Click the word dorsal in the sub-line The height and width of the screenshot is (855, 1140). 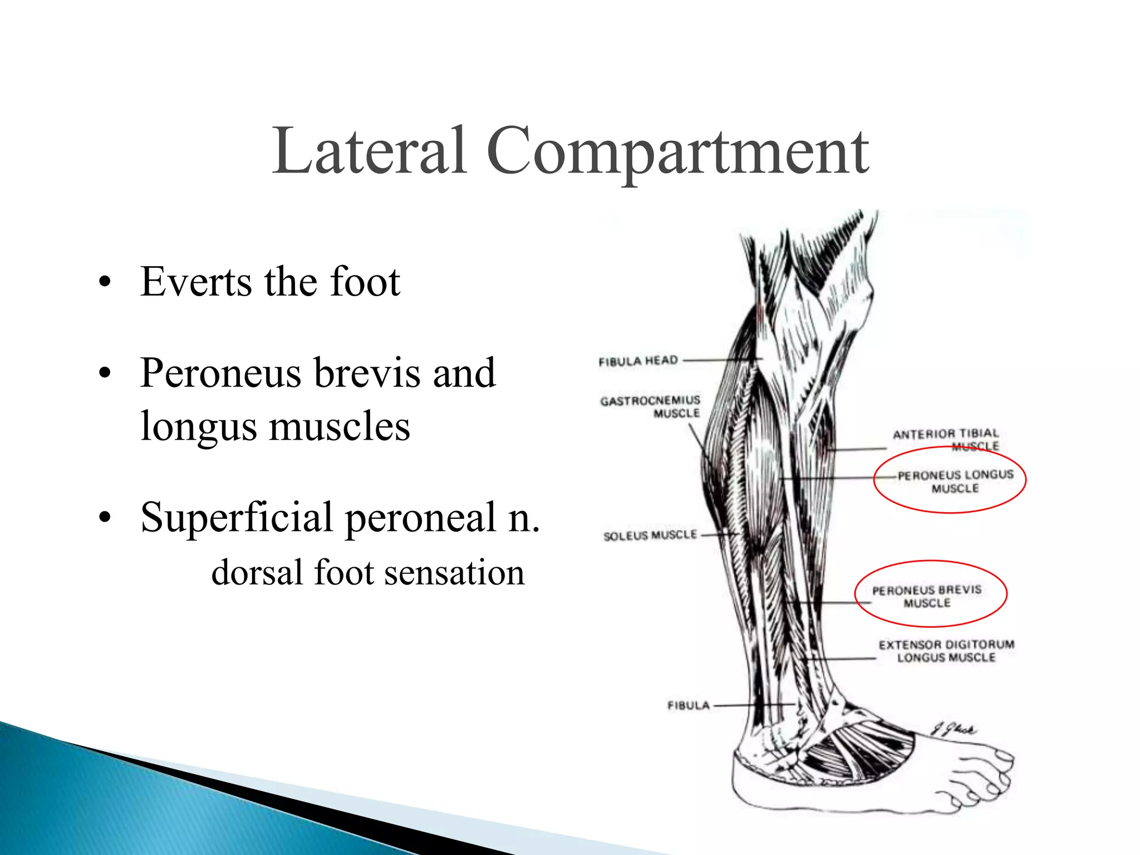click(x=257, y=573)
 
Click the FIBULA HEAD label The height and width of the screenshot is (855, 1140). click(x=638, y=361)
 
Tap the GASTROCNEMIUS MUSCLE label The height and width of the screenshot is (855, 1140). click(x=650, y=407)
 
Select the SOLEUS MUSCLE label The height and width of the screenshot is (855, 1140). click(x=650, y=535)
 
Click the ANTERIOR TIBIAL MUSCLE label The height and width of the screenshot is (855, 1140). click(x=946, y=439)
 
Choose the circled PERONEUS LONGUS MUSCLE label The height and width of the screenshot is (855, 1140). click(x=955, y=481)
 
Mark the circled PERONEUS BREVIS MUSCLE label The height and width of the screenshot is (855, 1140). click(x=927, y=596)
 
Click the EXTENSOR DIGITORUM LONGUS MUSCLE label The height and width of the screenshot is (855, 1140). click(x=946, y=651)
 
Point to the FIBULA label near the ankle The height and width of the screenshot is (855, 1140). click(x=689, y=706)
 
